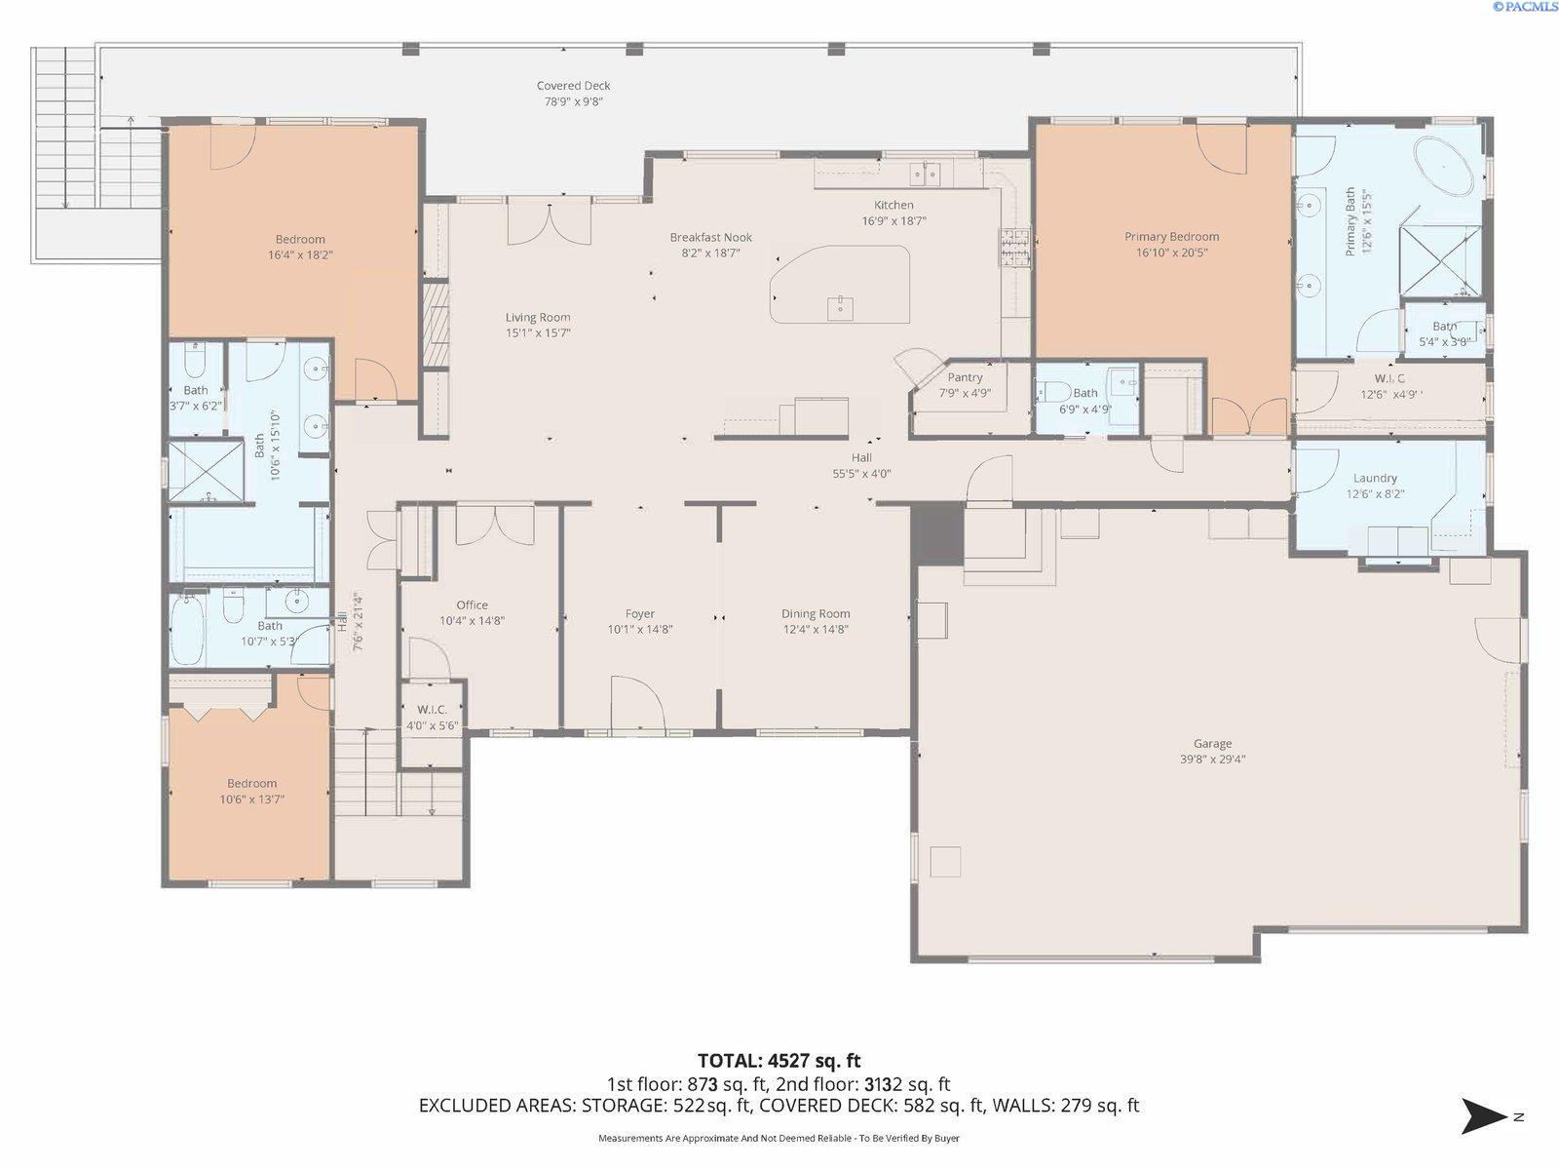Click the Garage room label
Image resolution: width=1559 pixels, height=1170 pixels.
1212,744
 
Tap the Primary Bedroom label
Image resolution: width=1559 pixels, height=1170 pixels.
1171,237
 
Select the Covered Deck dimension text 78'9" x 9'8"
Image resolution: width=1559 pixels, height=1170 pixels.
573,101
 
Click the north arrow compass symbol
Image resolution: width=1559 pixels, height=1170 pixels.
1485,1115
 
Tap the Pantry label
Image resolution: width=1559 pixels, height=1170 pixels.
965,377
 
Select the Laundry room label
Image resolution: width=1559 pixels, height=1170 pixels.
1375,478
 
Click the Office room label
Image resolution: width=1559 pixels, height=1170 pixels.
472,605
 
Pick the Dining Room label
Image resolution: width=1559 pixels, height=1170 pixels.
816,614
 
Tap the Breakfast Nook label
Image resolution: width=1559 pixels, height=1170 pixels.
710,237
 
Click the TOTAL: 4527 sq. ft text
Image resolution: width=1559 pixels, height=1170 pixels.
779,1061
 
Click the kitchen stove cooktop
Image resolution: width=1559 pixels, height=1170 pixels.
1013,247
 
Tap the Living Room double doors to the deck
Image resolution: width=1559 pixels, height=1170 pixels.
549,222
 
